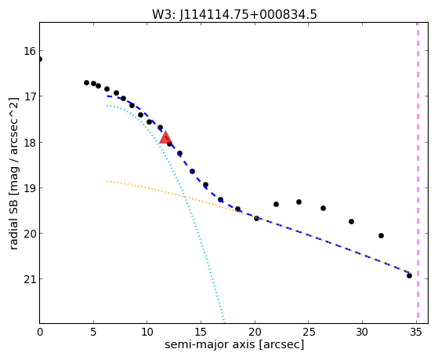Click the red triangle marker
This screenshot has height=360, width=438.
(x=165, y=137)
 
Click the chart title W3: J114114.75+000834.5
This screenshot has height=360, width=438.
(x=234, y=14)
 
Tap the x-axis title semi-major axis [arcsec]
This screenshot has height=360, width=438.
(x=234, y=344)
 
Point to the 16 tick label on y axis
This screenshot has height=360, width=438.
(x=30, y=51)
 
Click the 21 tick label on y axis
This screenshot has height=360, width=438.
(x=30, y=279)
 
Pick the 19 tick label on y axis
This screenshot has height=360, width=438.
(x=30, y=188)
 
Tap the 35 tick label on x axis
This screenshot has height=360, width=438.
(x=416, y=332)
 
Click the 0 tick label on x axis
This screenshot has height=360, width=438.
(x=40, y=332)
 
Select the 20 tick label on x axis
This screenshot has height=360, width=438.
(x=255, y=332)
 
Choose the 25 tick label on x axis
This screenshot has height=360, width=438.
(x=309, y=332)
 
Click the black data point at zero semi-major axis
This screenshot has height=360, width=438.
(x=40, y=59)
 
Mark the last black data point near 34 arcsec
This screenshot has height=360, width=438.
(x=409, y=275)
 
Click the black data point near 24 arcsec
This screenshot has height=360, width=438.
(x=299, y=202)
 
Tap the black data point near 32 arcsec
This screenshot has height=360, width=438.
(x=381, y=235)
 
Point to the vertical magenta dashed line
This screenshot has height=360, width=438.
(x=418, y=173)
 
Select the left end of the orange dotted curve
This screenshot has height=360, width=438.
(x=107, y=181)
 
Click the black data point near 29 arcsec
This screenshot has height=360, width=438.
(x=351, y=221)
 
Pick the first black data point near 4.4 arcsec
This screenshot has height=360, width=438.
(x=87, y=82)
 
